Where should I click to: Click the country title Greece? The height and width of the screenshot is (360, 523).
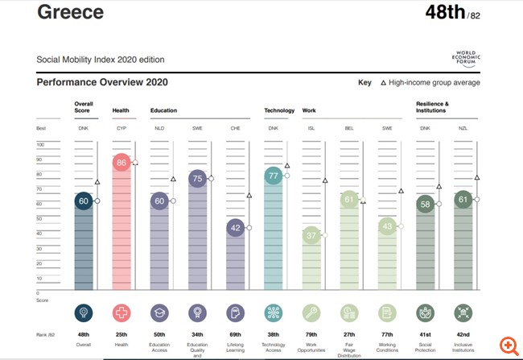click(70, 14)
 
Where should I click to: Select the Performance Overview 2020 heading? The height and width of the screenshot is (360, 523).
click(101, 82)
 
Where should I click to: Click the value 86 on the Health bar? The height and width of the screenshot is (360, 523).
click(121, 163)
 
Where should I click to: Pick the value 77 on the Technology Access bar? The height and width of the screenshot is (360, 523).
click(273, 176)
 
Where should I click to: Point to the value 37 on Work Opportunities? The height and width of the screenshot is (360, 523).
click(311, 235)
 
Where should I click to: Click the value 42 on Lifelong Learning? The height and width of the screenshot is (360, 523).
click(235, 228)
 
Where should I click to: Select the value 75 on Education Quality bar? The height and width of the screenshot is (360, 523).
click(197, 179)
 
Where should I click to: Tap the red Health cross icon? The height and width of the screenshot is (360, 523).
click(121, 312)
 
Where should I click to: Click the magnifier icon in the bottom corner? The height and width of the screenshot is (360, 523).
click(508, 345)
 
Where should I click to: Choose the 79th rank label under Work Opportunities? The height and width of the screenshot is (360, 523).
click(311, 335)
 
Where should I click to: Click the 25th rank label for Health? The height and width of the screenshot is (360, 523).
click(121, 335)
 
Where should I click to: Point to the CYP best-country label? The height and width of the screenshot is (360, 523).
click(121, 128)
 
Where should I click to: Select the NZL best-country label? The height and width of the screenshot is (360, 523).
click(462, 128)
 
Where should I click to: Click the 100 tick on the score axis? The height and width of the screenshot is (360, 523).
click(41, 145)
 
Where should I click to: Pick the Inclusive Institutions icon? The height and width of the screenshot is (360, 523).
click(462, 312)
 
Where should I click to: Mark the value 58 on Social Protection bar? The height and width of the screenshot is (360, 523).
click(424, 205)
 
